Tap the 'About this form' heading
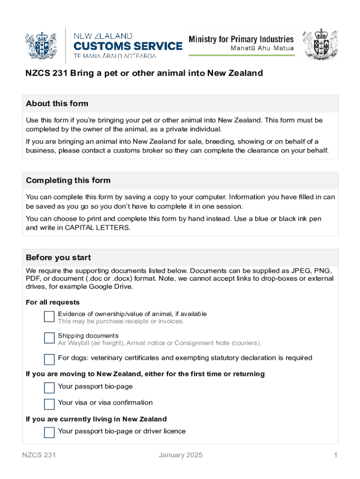(57, 103)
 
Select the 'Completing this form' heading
(68, 181)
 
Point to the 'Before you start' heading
(58, 258)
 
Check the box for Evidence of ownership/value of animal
(49, 317)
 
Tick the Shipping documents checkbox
(49, 338)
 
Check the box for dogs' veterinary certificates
(49, 359)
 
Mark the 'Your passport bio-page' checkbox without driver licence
(49, 387)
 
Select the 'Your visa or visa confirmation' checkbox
(49, 404)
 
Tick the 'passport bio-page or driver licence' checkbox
(49, 432)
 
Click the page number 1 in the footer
(335, 455)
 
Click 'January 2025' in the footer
(180, 455)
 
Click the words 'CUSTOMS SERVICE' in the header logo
(128, 46)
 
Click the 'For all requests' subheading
(53, 303)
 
